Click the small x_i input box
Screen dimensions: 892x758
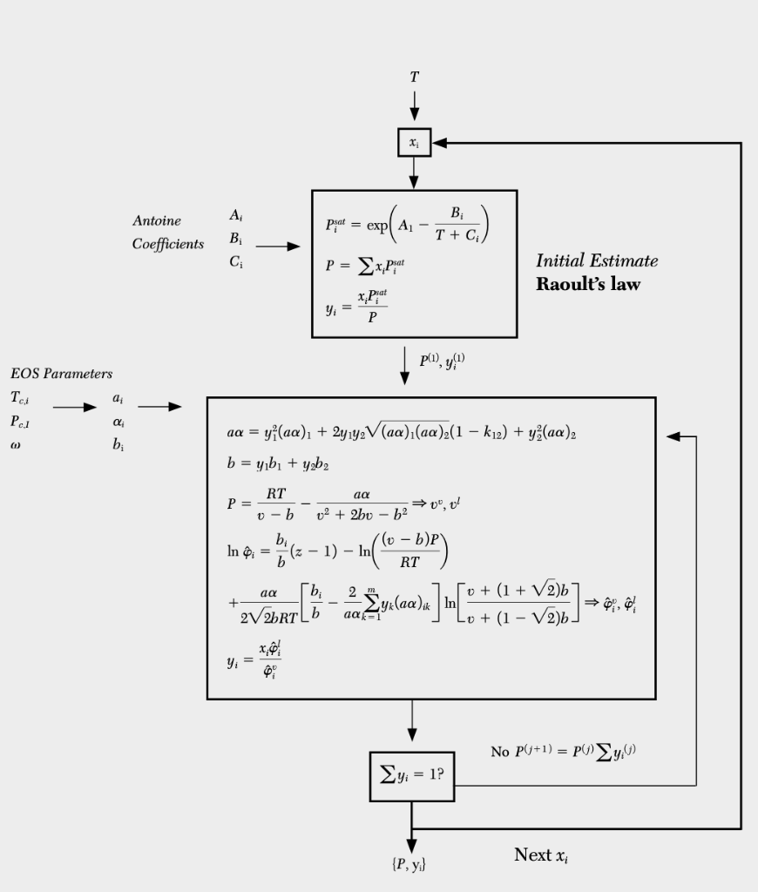pyautogui.click(x=414, y=142)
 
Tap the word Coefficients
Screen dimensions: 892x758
pyautogui.click(x=168, y=244)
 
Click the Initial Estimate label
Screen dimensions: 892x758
pyautogui.click(x=597, y=260)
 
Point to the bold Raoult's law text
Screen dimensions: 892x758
pyautogui.click(x=587, y=284)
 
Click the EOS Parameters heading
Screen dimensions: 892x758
pyautogui.click(x=62, y=375)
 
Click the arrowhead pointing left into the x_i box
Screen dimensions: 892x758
pyautogui.click(x=439, y=143)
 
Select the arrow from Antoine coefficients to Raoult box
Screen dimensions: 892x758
pyautogui.click(x=277, y=247)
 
